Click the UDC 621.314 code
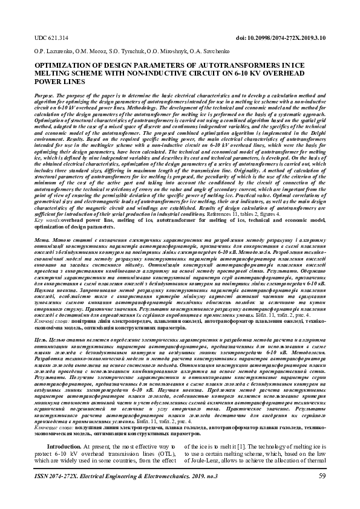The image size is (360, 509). coord(51,37)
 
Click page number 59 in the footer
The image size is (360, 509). coord(322,476)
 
